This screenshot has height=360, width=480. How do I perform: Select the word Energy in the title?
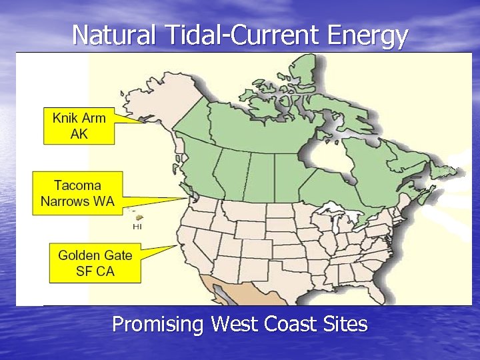point(367,35)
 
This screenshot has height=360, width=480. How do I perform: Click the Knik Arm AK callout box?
point(79,125)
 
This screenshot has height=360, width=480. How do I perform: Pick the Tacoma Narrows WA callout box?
point(77,193)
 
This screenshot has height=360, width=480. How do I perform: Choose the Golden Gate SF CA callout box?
point(95,263)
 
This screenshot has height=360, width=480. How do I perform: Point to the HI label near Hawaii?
point(137,227)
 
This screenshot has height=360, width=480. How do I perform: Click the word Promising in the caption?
point(159,325)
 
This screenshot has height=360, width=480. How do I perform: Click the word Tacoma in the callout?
point(77,185)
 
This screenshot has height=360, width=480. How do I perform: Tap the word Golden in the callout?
point(79,255)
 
